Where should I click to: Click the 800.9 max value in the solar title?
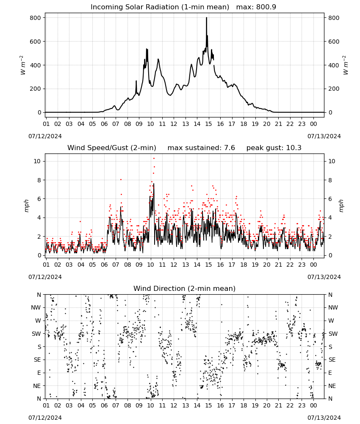tap(266, 7)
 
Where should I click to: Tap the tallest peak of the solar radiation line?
tap(207, 18)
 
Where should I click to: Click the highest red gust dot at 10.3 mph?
tap(154, 158)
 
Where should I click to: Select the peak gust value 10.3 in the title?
tap(294, 148)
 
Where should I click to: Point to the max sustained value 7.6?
tap(229, 148)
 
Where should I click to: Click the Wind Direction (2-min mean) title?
tap(185, 288)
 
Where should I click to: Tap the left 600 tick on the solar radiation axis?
tap(36, 42)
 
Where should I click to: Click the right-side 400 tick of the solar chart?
tap(334, 65)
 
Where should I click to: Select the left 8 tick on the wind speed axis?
tap(39, 180)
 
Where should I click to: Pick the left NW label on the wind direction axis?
tap(36, 307)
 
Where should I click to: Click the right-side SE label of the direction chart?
tap(332, 360)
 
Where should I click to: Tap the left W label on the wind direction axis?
tap(38, 321)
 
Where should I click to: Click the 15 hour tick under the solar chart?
tap(208, 124)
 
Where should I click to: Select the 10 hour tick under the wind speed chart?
tap(150, 265)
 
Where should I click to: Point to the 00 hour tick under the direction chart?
tap(313, 405)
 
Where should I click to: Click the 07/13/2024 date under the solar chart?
tap(324, 136)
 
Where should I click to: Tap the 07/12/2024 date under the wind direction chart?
tap(45, 418)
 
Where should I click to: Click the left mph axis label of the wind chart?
tap(26, 206)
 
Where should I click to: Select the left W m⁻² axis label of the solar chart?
tap(23, 65)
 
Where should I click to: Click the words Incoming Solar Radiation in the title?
tap(135, 7)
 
